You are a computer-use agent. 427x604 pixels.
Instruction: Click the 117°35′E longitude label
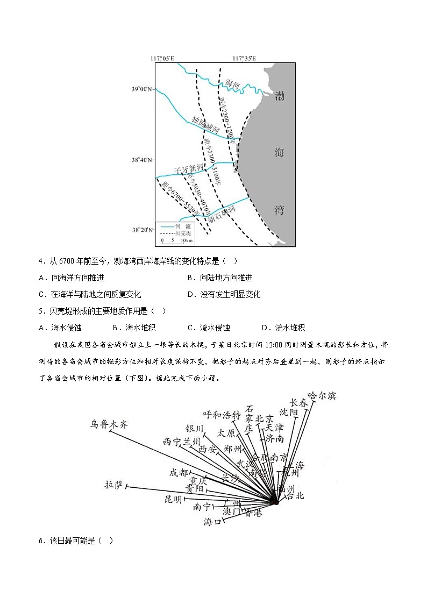pos(244,58)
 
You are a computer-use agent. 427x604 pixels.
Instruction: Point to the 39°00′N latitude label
pos(142,89)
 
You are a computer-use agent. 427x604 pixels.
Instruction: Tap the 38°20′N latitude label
pos(142,230)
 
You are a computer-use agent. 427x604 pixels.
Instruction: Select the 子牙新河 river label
pos(188,169)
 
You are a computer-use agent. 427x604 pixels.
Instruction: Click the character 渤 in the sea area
pos(279,97)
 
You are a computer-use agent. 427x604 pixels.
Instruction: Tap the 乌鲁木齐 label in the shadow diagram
pos(110,424)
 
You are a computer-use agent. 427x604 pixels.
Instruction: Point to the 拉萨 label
pos(115,485)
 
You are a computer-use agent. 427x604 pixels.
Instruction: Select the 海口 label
pos(213,521)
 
